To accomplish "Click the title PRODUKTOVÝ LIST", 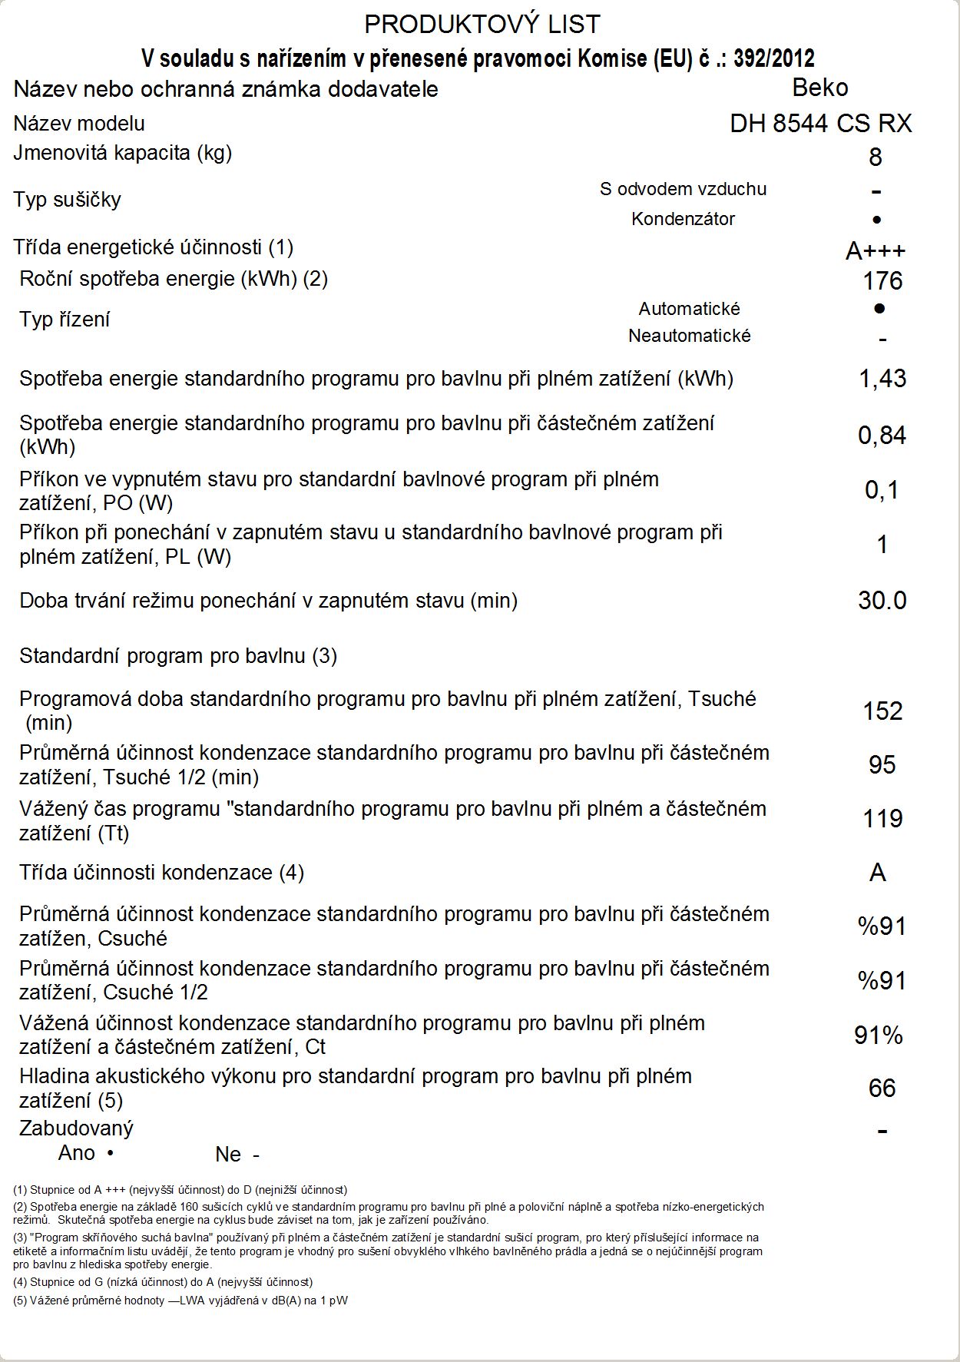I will point(482,25).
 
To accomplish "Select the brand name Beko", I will point(819,88).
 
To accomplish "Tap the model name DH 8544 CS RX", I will point(820,124).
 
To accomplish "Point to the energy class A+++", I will point(875,250).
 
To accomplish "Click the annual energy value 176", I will point(882,281).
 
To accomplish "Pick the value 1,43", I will point(882,379).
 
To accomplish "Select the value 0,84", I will point(882,436).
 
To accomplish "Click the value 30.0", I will point(882,601).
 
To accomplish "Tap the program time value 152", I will point(882,711).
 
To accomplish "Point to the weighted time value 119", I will point(882,819).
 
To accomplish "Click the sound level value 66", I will point(882,1088).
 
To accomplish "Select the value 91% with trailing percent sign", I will point(878,1036).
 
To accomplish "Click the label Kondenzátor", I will point(683,219).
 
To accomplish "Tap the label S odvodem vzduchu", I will point(683,189).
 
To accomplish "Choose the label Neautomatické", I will point(689,336).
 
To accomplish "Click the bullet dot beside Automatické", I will point(879,308).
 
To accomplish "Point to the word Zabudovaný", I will point(76,1128).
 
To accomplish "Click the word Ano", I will point(77,1153).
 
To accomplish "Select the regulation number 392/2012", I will point(773,58).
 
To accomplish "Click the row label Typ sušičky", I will point(67,200).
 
